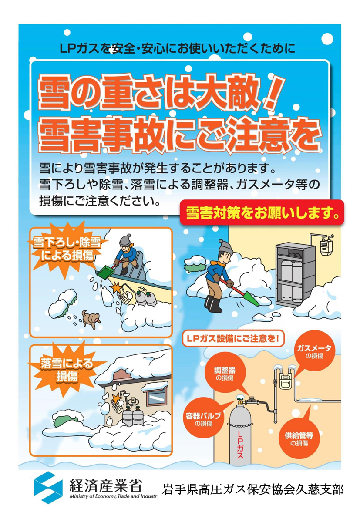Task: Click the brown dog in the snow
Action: (x=91, y=320)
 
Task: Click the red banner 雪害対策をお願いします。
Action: (x=262, y=212)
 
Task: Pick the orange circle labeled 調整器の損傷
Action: (x=225, y=373)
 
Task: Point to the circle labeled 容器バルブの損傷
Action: (x=204, y=419)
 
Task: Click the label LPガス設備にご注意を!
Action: (x=233, y=338)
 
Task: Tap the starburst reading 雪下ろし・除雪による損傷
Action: (x=67, y=249)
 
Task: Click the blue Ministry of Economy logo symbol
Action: (x=48, y=487)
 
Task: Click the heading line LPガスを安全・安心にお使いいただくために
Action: (x=177, y=48)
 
